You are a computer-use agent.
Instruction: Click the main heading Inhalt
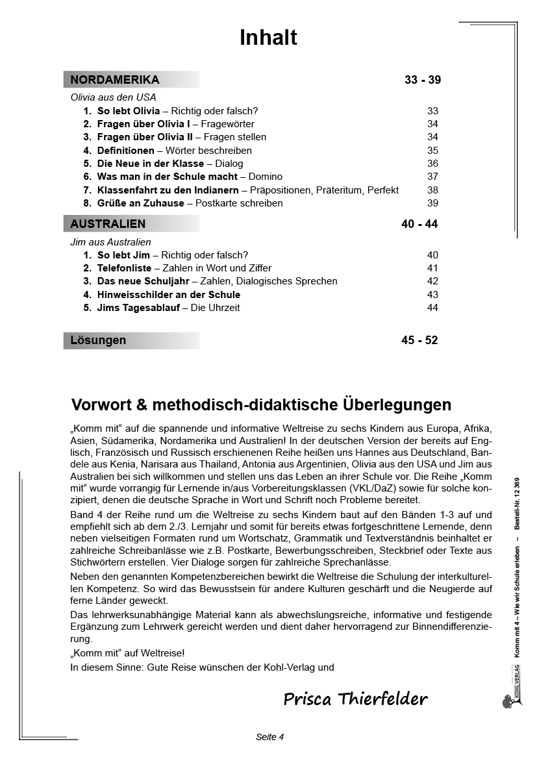tap(268, 38)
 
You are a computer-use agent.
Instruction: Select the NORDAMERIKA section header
tap(115, 80)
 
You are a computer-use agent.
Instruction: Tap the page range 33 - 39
tap(422, 80)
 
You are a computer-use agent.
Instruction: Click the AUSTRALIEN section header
tap(108, 224)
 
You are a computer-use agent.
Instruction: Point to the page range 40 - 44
tap(419, 224)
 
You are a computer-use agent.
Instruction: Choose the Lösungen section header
tap(99, 340)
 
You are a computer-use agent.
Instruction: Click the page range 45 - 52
tap(419, 340)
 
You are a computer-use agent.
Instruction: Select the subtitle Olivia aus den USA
tap(113, 97)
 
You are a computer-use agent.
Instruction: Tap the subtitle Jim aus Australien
tap(110, 242)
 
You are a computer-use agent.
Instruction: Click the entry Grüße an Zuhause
tap(140, 203)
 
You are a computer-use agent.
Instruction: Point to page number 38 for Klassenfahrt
tap(432, 190)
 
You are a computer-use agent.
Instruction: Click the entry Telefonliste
tap(124, 268)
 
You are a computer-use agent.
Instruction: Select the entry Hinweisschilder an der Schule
tap(168, 295)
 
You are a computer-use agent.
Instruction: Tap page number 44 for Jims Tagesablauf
tap(432, 308)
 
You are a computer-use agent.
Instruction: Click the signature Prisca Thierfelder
tap(355, 699)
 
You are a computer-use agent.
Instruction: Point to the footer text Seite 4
tap(270, 736)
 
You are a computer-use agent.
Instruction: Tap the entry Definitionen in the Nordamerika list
tap(125, 151)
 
